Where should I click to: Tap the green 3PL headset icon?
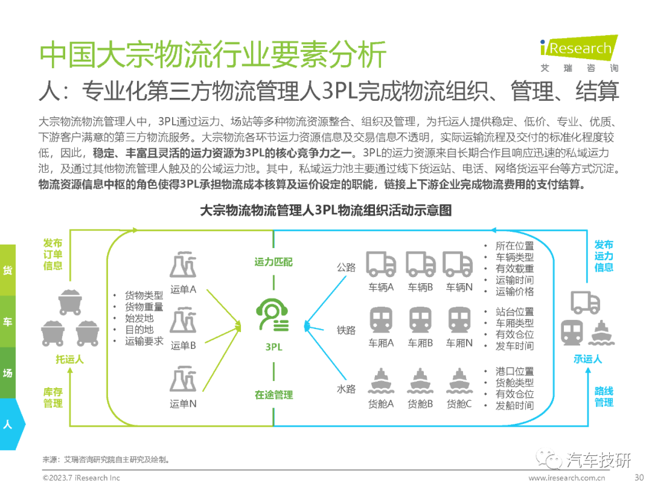tap(273, 316)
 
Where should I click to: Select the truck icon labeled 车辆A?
tap(382, 264)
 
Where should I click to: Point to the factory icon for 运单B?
tap(183, 322)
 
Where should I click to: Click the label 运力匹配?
tap(273, 262)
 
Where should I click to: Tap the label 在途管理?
tap(273, 395)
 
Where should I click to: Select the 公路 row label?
tap(347, 267)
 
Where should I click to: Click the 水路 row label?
tap(347, 389)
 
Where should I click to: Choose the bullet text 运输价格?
tap(514, 292)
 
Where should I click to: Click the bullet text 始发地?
tap(139, 318)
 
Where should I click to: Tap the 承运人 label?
tap(587, 359)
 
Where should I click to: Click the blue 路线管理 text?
tap(604, 397)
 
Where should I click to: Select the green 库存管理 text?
tap(53, 398)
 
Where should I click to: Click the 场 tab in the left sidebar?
tap(8, 373)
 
